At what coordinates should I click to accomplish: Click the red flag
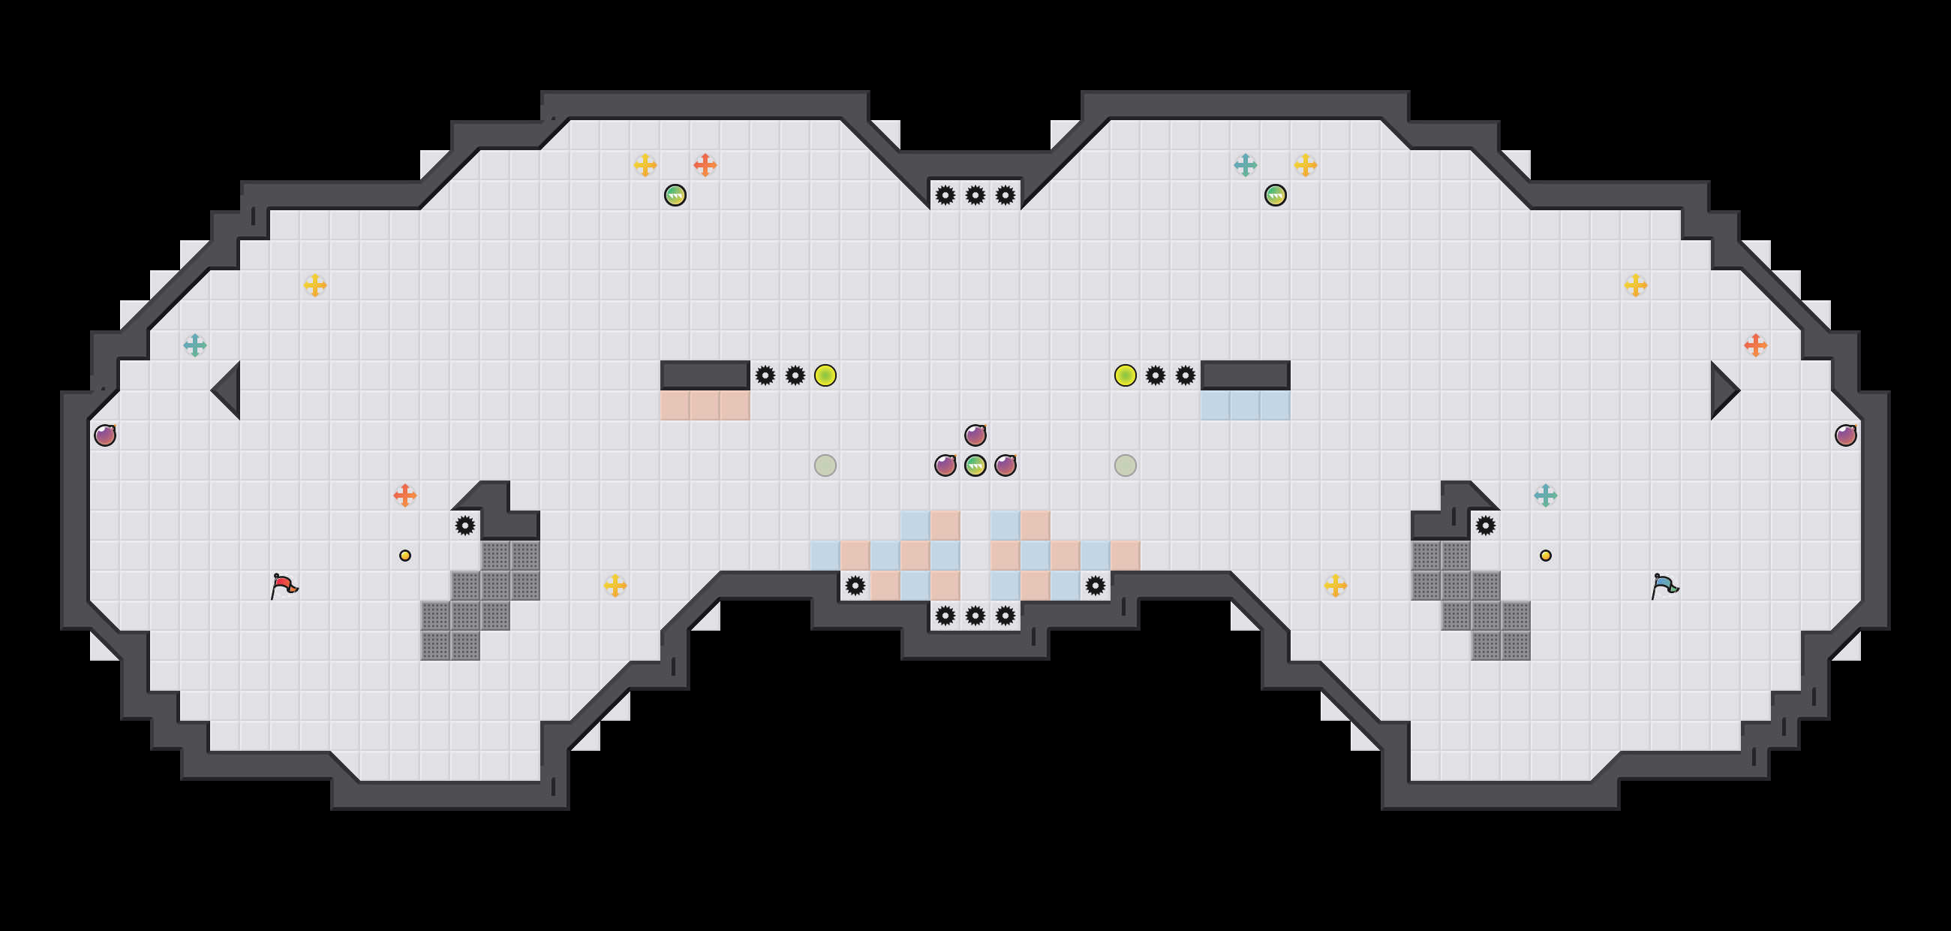[284, 586]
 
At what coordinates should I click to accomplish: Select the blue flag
[1664, 586]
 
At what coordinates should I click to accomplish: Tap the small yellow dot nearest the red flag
[405, 556]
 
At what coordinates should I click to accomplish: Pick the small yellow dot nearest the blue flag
[1546, 556]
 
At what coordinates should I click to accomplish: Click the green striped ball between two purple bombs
[975, 465]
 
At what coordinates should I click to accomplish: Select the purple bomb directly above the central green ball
[975, 435]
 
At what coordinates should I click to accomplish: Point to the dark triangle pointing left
[227, 390]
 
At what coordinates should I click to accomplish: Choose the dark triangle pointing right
[1723, 390]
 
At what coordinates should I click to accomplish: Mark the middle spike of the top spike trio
[975, 195]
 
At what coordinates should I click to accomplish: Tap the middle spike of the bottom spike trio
[975, 615]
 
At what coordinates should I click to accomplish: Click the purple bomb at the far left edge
[105, 435]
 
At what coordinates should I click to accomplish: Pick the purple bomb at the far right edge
[1846, 435]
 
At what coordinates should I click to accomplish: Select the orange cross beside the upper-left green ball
[705, 164]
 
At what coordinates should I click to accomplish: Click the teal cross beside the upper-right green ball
[1245, 164]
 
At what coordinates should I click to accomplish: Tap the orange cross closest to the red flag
[405, 496]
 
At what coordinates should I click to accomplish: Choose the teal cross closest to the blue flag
[1546, 496]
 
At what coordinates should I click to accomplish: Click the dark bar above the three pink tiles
[705, 375]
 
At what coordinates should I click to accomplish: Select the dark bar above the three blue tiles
[1245, 375]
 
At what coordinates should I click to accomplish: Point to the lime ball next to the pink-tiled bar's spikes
[825, 375]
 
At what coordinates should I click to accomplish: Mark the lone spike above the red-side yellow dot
[465, 525]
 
